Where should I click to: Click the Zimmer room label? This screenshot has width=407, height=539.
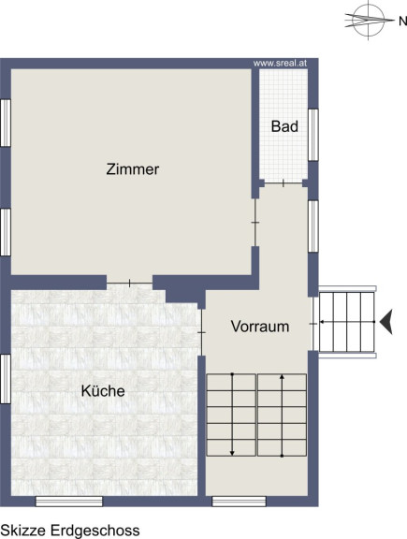[132, 169]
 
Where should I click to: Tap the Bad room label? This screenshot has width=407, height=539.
[284, 126]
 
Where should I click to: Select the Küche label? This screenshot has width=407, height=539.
[103, 390]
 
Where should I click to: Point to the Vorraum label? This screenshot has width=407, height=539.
[260, 327]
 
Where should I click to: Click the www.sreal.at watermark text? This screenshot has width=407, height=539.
[280, 64]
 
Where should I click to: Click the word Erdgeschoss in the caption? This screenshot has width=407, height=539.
[95, 531]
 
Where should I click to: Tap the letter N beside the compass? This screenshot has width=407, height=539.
[402, 22]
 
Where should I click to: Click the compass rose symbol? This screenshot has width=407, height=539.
[369, 20]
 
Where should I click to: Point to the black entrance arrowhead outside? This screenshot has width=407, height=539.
[386, 322]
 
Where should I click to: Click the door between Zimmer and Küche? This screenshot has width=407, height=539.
[130, 284]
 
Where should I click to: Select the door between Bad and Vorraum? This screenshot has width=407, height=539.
[283, 183]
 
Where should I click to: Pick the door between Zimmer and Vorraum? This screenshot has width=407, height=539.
[255, 223]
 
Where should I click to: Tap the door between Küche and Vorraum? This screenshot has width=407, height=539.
[202, 332]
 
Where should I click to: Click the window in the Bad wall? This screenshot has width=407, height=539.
[313, 135]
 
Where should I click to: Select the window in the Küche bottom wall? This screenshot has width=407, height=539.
[69, 502]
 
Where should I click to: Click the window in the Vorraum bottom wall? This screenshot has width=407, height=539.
[239, 502]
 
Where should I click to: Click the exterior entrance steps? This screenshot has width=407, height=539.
[347, 322]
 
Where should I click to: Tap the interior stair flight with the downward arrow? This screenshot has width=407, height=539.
[231, 415]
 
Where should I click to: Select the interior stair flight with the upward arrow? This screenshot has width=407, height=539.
[282, 415]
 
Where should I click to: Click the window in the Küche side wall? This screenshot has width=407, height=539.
[6, 379]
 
